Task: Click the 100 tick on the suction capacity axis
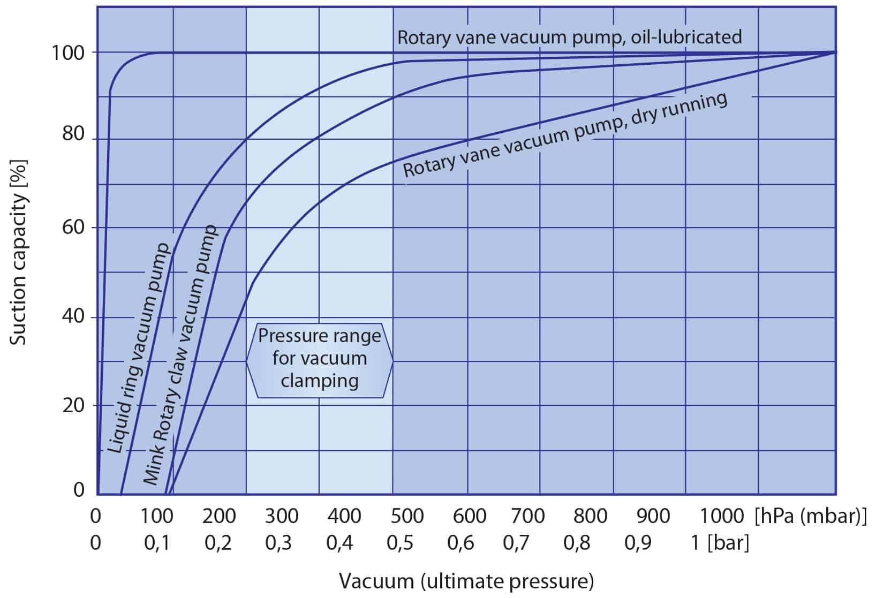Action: [68, 53]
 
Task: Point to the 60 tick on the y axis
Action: [73, 227]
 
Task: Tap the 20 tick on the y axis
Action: [73, 405]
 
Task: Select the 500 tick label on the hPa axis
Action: [407, 516]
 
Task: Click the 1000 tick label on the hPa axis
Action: [722, 516]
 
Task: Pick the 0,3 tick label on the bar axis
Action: [279, 543]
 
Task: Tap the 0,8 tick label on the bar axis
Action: [577, 543]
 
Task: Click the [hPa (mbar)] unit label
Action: [810, 516]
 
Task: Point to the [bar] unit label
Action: [728, 543]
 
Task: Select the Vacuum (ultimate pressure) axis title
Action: [466, 581]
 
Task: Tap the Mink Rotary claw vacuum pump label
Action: [181, 355]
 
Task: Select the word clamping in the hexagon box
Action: [320, 381]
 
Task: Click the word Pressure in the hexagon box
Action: [289, 336]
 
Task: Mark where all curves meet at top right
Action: [835, 52]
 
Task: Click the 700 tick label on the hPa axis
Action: [528, 516]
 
